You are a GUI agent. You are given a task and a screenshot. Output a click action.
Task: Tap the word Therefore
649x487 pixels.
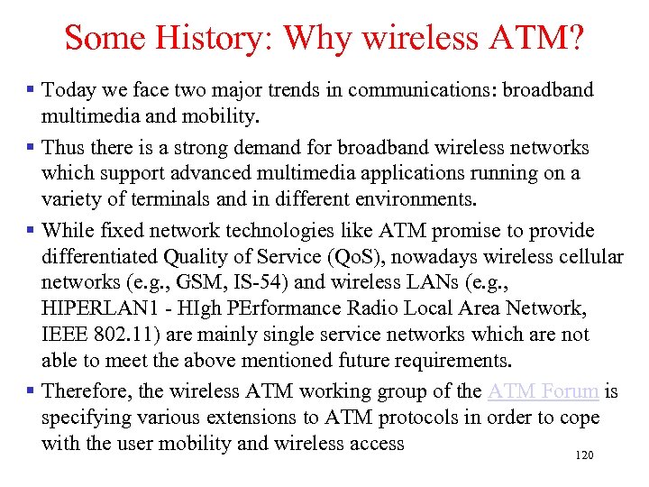click(x=88, y=391)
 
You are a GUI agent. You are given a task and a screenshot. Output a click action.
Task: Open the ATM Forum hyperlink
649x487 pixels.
click(x=543, y=391)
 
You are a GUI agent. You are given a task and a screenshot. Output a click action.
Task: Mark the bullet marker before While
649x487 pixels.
click(x=31, y=230)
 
